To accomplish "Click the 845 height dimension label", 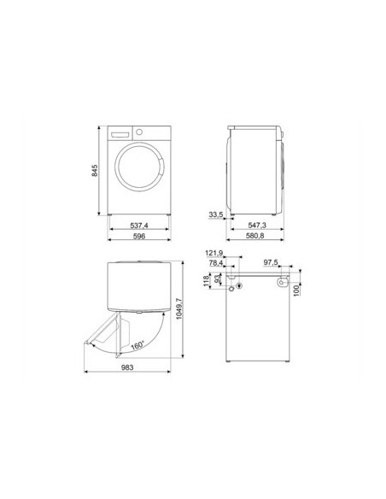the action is point(95,171).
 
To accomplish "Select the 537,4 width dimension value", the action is point(139,226).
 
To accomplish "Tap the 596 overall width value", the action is point(139,236).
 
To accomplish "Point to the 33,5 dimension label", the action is point(215,214).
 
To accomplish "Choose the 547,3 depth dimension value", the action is point(257,226).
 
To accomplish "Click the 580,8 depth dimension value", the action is point(255,236).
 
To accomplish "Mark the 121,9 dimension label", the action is point(214,253).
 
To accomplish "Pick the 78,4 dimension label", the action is point(216,263).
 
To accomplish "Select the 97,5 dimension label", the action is point(271,262).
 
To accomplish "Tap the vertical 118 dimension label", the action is point(206,281).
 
